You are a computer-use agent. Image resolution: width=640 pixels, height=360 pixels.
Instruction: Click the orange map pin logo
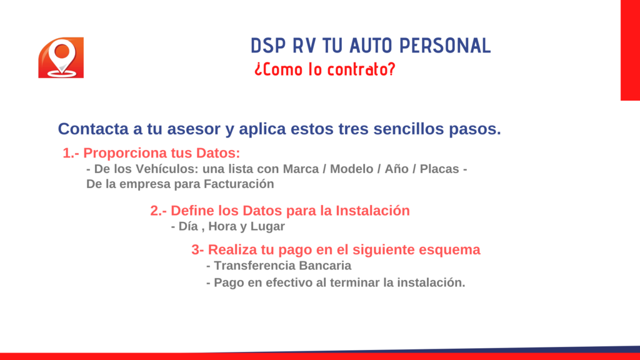(x=61, y=57)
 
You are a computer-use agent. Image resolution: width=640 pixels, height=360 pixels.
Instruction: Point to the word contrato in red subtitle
(x=362, y=69)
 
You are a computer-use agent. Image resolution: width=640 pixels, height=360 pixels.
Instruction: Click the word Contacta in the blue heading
(x=93, y=129)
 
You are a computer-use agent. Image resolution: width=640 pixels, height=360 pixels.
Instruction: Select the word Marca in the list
(x=301, y=169)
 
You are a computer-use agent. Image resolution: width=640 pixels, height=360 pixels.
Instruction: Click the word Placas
(x=439, y=169)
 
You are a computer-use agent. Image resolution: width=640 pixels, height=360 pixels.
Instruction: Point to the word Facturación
(x=239, y=184)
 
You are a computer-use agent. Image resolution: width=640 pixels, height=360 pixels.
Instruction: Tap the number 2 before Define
(x=156, y=211)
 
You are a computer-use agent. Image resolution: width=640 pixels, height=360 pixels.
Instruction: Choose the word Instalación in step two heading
(x=372, y=211)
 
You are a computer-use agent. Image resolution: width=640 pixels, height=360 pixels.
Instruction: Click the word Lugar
(x=267, y=226)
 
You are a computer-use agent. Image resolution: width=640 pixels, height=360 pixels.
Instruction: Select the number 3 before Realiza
(x=196, y=250)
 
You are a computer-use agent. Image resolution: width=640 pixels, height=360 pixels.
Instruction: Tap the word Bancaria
(x=325, y=266)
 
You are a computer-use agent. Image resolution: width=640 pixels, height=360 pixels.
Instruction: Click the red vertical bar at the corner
(x=630, y=50)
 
